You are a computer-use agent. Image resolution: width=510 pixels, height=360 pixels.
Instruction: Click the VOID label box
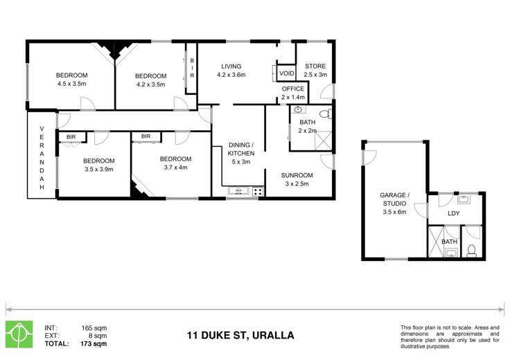286,73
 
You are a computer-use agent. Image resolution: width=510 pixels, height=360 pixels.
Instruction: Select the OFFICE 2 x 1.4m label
293,93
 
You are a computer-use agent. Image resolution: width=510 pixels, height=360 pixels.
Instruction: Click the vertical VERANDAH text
42,158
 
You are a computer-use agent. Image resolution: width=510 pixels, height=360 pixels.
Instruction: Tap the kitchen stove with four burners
258,191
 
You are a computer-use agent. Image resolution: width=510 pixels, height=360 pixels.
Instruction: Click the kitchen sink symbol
238,191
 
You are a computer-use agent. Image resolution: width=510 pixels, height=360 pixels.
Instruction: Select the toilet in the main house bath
326,114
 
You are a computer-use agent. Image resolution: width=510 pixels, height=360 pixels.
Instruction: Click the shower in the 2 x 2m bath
323,141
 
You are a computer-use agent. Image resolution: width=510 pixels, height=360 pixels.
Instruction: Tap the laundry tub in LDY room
465,199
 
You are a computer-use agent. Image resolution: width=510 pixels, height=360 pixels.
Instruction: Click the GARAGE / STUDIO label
394,204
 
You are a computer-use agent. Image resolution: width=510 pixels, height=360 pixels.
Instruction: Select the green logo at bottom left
19,334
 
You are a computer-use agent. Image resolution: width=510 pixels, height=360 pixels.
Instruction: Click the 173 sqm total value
94,343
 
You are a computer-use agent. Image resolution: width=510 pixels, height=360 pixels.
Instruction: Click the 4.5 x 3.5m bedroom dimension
71,84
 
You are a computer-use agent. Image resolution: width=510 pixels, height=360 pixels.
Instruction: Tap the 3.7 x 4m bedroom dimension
175,168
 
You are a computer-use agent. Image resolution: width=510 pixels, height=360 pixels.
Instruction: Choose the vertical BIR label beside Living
192,68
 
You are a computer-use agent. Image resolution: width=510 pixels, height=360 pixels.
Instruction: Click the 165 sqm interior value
94,328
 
